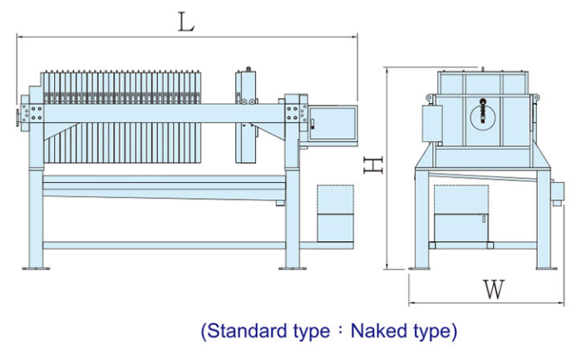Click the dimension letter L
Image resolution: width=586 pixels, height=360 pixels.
point(185,22)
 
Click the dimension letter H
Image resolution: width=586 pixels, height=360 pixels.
point(373,165)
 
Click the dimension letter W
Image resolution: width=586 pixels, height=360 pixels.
point(494,289)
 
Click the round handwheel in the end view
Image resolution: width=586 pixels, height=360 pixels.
point(483,117)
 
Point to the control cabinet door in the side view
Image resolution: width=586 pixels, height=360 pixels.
point(332,123)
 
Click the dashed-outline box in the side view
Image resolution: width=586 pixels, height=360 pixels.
point(335,214)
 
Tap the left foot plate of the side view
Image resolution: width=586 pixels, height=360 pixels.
point(36,268)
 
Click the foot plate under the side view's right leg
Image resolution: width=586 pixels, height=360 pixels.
point(293,268)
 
